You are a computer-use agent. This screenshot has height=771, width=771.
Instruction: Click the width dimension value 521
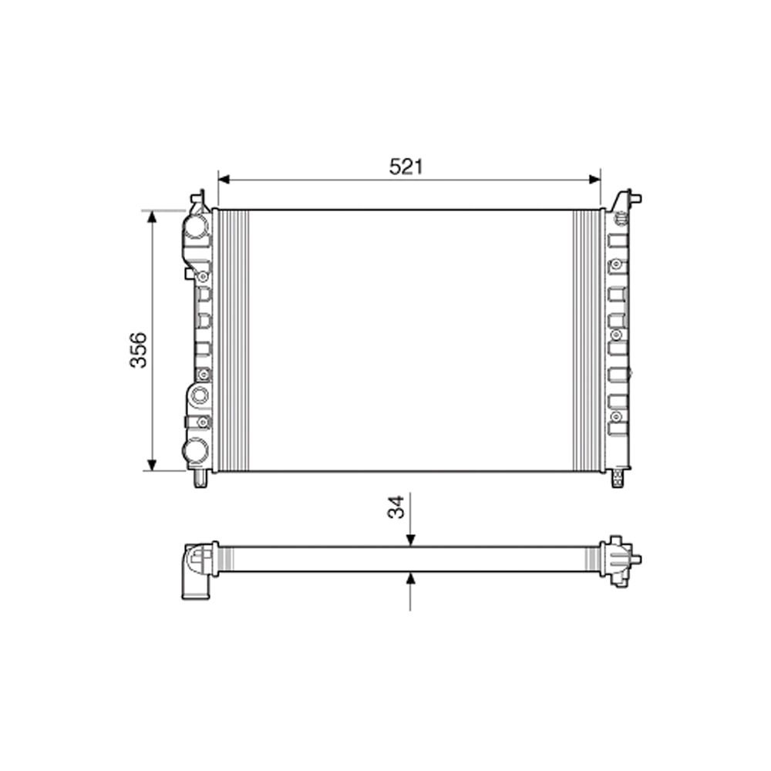pyautogui.click(x=406, y=166)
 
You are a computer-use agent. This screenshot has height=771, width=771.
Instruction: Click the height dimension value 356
pyautogui.click(x=138, y=349)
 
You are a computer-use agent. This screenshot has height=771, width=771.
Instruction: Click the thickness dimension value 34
pyautogui.click(x=396, y=507)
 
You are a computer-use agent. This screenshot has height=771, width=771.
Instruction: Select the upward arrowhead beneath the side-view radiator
pyautogui.click(x=410, y=578)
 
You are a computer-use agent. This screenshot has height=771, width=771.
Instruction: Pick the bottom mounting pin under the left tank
pyautogui.click(x=200, y=480)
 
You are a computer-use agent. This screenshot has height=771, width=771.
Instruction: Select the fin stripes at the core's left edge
pyautogui.click(x=234, y=340)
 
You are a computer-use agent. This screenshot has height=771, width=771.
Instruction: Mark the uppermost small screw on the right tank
pyautogui.click(x=615, y=265)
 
